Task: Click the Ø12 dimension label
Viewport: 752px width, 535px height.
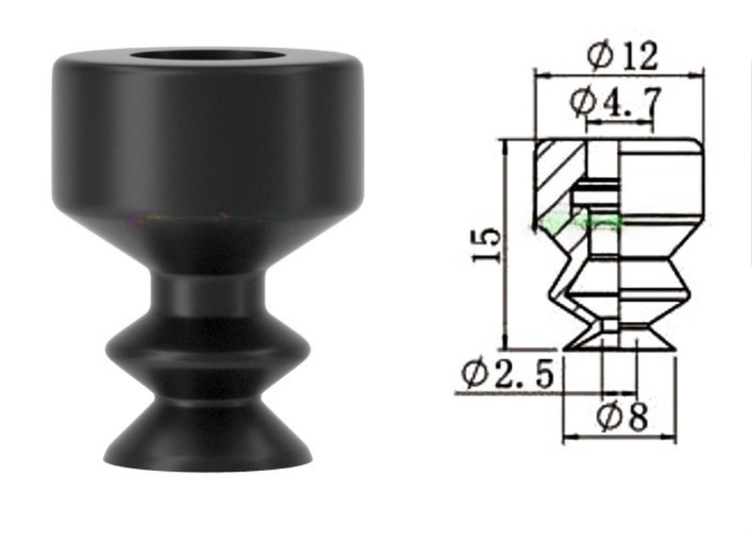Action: tap(623, 56)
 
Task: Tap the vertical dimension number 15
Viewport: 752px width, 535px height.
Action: tap(487, 244)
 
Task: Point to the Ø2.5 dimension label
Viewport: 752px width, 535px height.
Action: tap(508, 374)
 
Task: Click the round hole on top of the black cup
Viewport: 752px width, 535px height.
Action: tap(208, 56)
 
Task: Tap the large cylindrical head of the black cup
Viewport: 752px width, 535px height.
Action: tap(208, 135)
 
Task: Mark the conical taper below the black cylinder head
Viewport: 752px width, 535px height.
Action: tap(208, 241)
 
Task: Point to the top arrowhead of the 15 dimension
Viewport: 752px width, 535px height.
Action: tap(505, 143)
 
